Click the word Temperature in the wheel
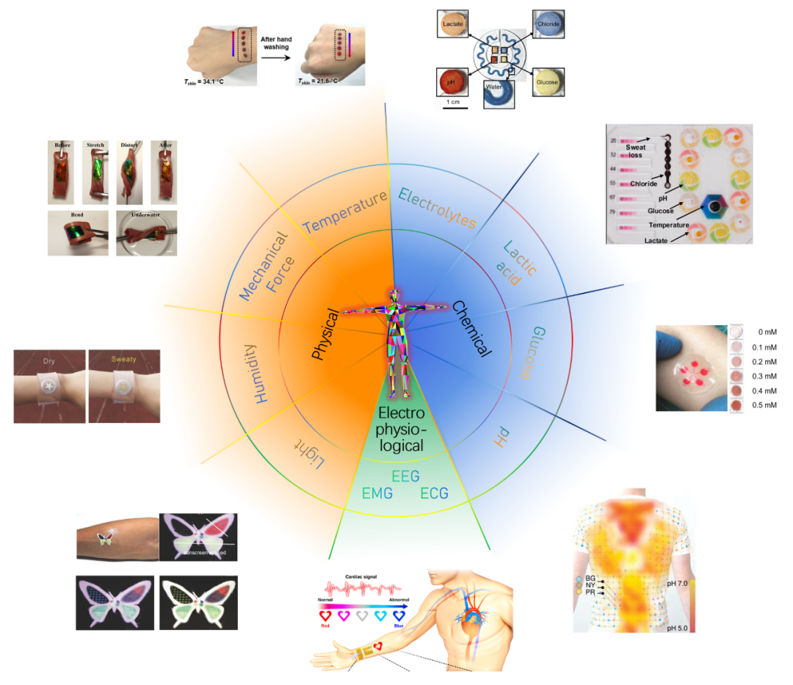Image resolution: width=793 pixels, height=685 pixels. coord(344,211)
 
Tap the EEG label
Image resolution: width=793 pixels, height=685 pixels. coord(405,476)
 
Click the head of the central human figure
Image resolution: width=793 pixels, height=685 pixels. coord(395,293)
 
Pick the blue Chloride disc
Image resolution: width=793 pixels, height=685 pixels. coord(548,24)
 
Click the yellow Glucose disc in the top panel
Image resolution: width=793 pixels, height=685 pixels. coord(548,81)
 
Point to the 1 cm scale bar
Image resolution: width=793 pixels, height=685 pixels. coord(455,107)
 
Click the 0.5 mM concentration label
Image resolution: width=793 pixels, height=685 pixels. coord(768,405)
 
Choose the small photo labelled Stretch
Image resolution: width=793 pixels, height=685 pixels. coord(94,170)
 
